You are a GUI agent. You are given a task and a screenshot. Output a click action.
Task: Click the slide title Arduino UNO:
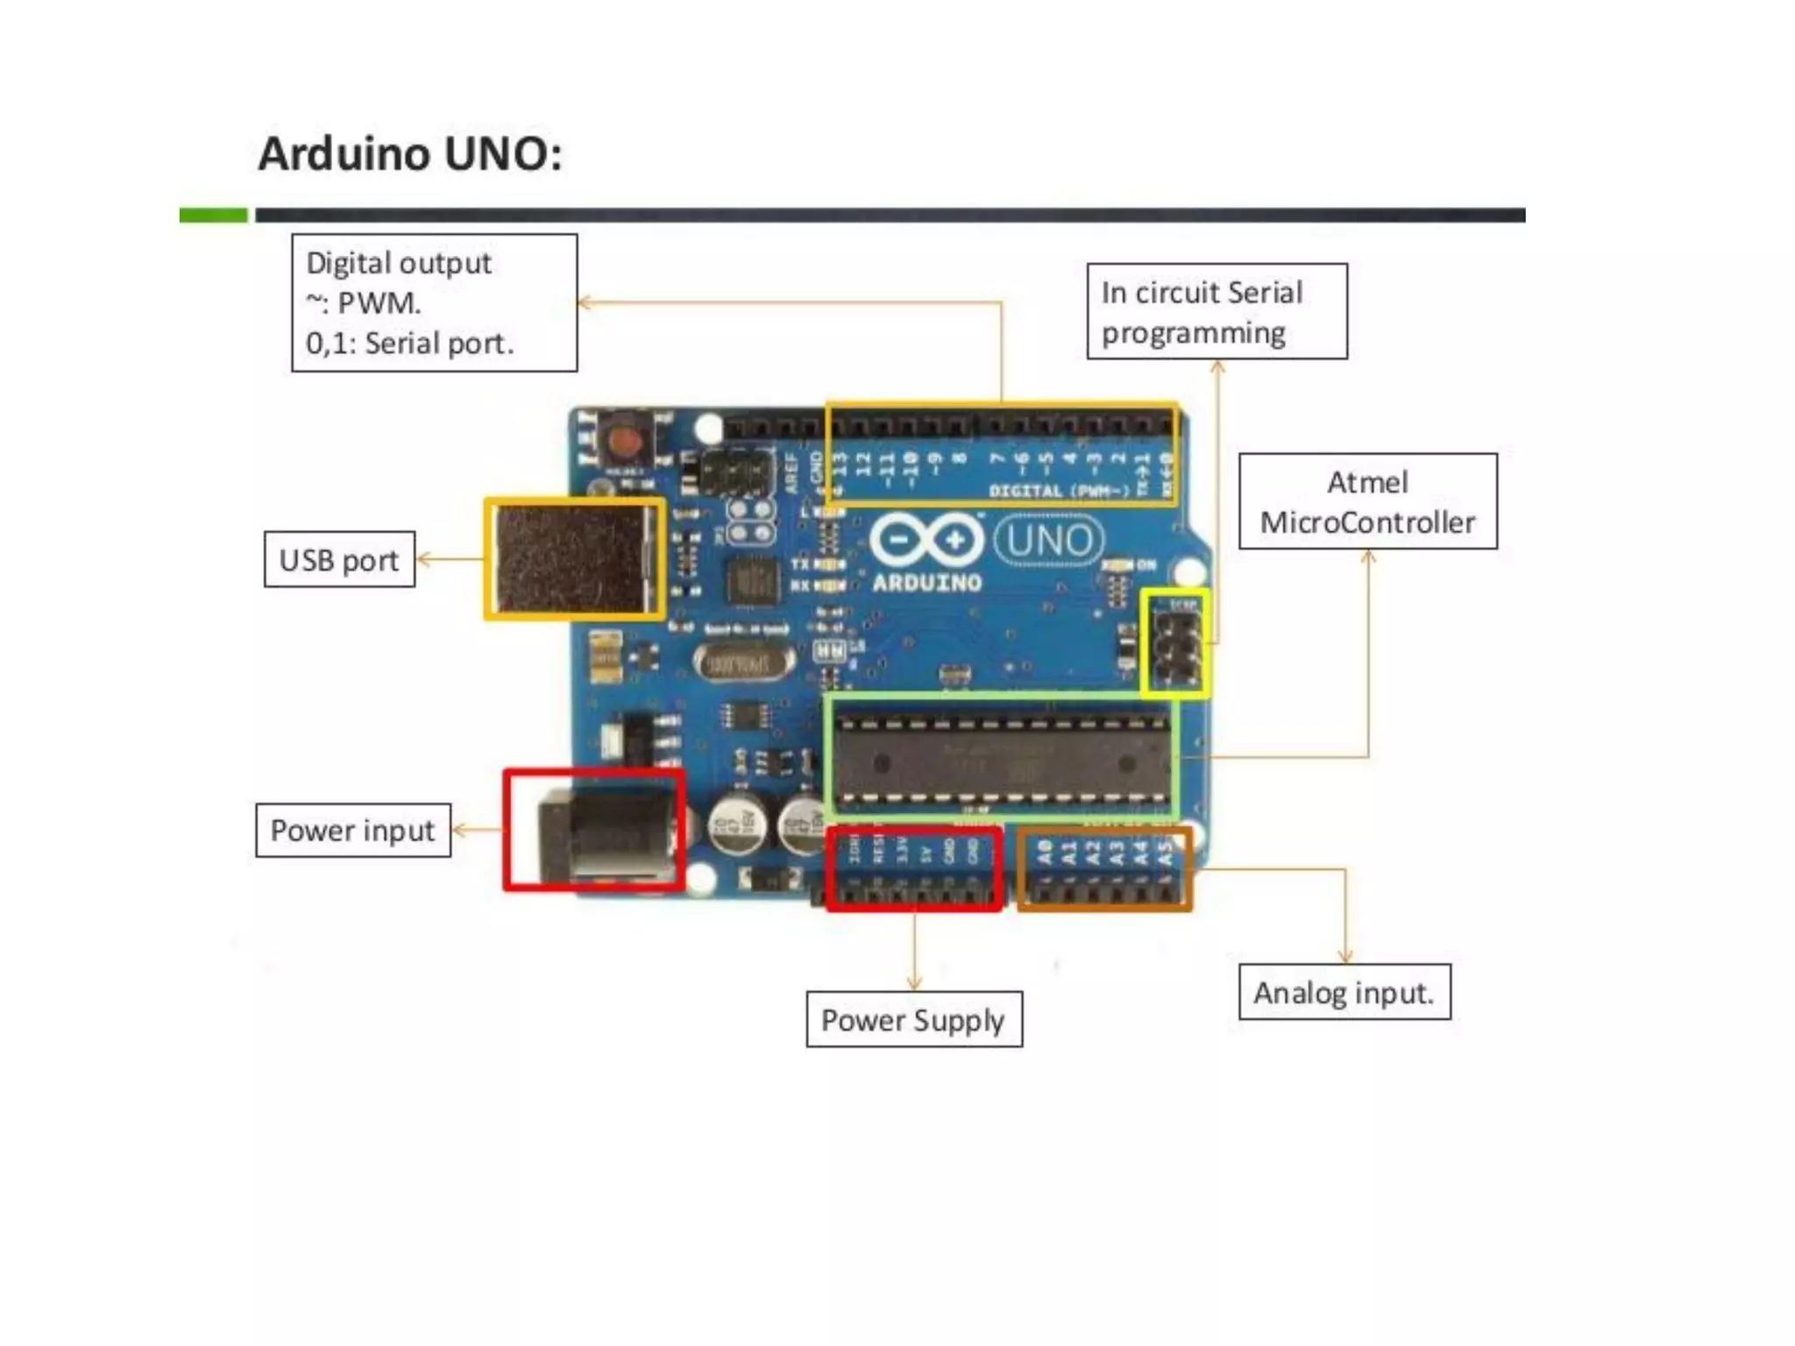[410, 154]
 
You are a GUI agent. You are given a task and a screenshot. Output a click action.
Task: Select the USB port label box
[339, 559]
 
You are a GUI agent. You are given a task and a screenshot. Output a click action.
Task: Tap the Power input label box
[352, 830]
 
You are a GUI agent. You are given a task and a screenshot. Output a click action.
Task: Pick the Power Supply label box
[913, 1019]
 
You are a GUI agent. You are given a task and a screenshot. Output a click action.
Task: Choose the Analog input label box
[1344, 992]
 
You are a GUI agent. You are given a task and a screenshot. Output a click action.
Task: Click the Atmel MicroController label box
[1367, 501]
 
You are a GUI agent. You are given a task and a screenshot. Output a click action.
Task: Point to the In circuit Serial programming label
[1217, 311]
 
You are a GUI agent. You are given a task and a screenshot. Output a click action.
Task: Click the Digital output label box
[434, 302]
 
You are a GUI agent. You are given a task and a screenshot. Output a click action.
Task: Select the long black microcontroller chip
[1002, 759]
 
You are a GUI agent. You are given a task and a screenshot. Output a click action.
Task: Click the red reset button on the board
[625, 438]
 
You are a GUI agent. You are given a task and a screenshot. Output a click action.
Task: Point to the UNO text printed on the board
[1048, 541]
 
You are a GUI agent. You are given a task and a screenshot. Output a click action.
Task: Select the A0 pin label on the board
[1044, 852]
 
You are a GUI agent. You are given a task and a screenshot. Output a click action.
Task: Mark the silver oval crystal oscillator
[743, 663]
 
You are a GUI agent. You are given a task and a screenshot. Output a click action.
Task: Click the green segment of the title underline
[214, 216]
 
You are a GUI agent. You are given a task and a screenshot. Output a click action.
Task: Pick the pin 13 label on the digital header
[839, 464]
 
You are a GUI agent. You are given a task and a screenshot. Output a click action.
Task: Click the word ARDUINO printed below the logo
[926, 582]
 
